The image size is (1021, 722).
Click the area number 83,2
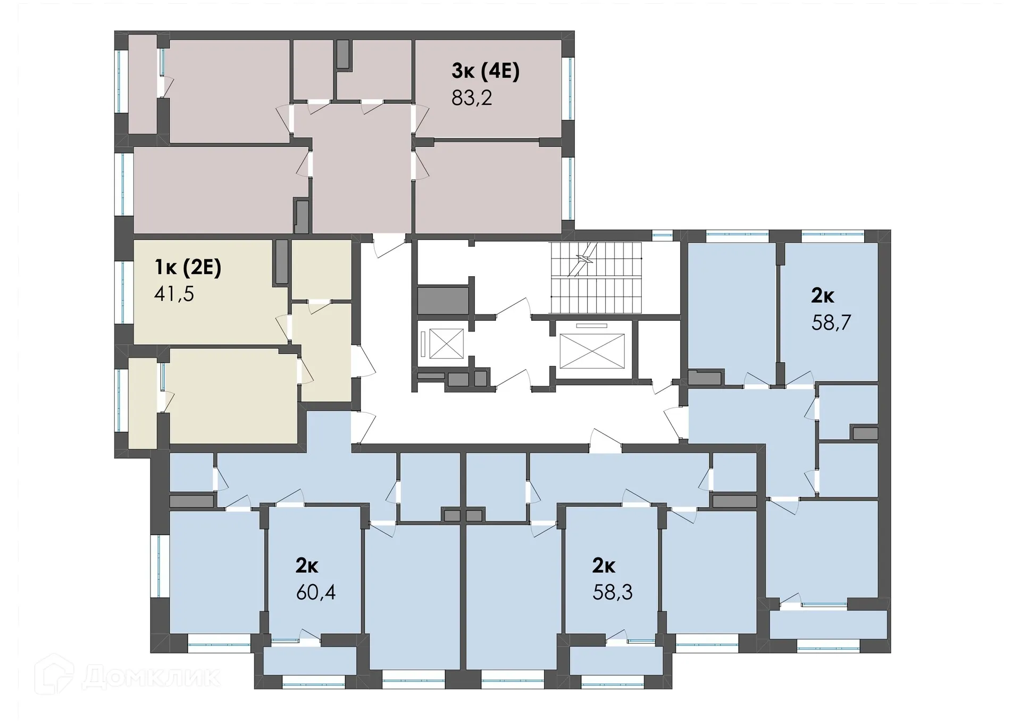click(472, 98)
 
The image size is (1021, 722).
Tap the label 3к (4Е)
click(485, 71)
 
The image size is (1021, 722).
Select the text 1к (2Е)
click(188, 267)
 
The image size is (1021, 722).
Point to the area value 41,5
click(174, 294)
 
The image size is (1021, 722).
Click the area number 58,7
click(831, 322)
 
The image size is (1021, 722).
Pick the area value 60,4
click(316, 592)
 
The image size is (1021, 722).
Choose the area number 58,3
click(613, 592)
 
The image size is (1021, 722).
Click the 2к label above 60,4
click(307, 566)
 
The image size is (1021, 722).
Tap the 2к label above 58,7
click(822, 296)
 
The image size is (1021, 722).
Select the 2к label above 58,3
click(604, 566)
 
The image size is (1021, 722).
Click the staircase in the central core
click(596, 278)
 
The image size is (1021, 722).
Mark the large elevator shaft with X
click(592, 351)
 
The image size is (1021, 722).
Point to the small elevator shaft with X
click(446, 344)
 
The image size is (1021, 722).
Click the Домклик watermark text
click(152, 677)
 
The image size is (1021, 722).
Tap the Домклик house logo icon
click(54, 674)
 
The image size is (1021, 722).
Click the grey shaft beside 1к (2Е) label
click(281, 261)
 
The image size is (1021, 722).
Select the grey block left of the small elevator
click(442, 301)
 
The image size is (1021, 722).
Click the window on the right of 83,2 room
click(568, 88)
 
